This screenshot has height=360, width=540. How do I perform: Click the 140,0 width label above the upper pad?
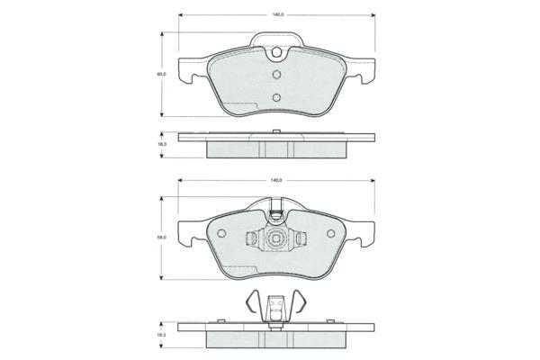coord(277,15)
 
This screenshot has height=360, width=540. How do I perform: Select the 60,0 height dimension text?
coord(161,74)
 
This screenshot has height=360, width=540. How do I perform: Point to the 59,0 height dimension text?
coord(161,238)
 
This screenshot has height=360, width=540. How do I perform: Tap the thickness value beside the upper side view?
coord(161,145)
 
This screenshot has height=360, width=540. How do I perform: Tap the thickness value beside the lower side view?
coord(161,335)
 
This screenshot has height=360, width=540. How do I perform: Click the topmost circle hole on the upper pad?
coord(276,52)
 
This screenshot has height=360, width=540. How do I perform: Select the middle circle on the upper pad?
coord(276,75)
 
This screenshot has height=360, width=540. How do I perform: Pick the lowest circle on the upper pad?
coord(276,97)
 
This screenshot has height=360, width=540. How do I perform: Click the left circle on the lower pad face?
coord(221,233)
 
